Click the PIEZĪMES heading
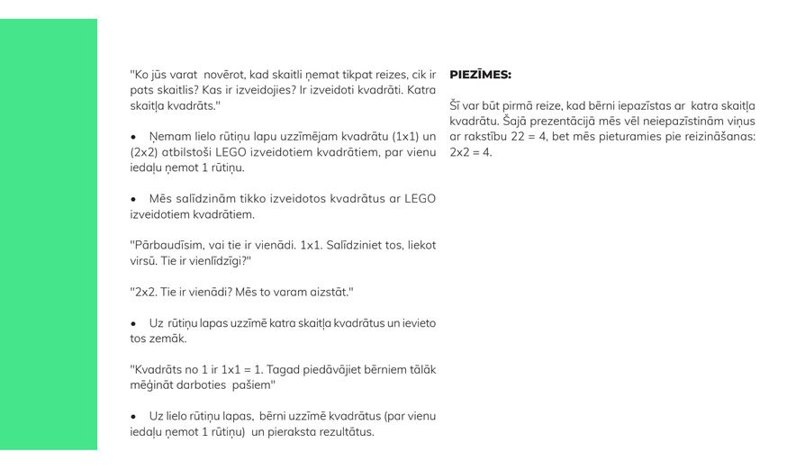pyautogui.click(x=480, y=75)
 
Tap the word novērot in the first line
pyautogui.click(x=225, y=75)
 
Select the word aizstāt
pyautogui.click(x=328, y=293)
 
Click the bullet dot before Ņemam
pyautogui.click(x=133, y=138)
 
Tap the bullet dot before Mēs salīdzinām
pyautogui.click(x=133, y=200)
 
